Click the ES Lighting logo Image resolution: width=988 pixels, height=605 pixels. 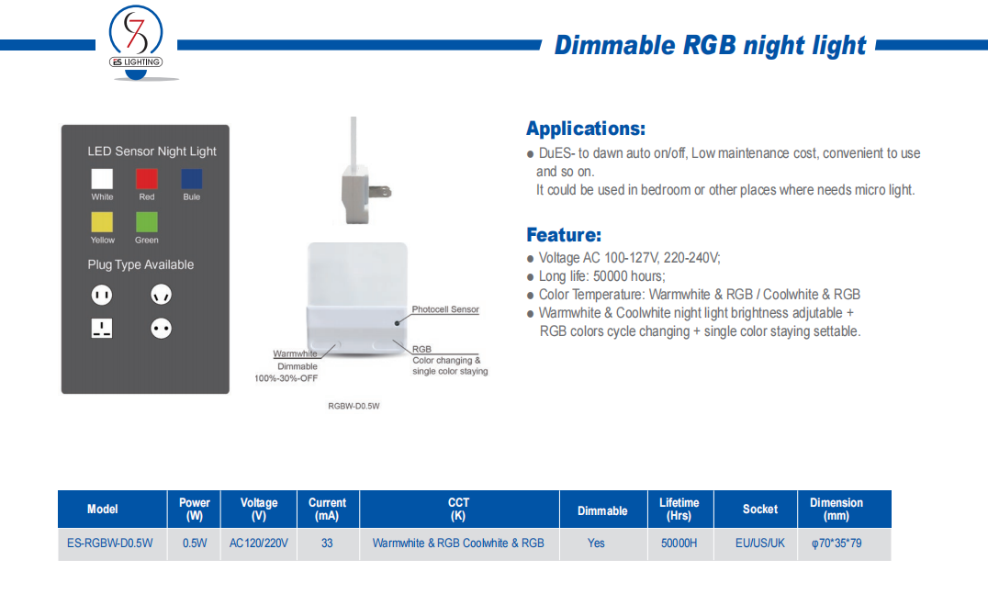[136, 43]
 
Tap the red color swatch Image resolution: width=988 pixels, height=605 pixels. [147, 179]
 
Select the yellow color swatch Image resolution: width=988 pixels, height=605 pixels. [102, 222]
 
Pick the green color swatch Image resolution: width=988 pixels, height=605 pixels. [147, 222]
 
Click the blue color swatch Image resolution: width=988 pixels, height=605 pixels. [192, 179]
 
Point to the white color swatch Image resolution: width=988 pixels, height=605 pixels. [102, 179]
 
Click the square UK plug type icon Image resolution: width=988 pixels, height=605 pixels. [101, 328]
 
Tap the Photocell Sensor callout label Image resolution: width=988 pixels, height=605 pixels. [445, 309]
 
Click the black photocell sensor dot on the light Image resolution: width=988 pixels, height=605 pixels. [397, 323]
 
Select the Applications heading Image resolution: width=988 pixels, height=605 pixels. [586, 129]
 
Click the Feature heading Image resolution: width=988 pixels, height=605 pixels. [564, 235]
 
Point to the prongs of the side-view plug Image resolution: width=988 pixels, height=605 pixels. [380, 191]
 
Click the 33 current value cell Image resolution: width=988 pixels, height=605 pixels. [327, 543]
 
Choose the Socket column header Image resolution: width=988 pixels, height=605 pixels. [760, 510]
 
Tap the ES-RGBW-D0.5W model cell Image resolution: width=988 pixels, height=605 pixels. [110, 543]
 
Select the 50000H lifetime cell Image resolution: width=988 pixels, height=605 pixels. [679, 543]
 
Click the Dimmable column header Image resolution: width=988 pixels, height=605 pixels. [602, 510]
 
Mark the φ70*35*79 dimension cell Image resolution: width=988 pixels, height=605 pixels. [836, 543]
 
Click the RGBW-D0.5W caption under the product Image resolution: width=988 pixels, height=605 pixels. [354, 407]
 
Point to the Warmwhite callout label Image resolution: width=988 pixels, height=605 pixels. [295, 353]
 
